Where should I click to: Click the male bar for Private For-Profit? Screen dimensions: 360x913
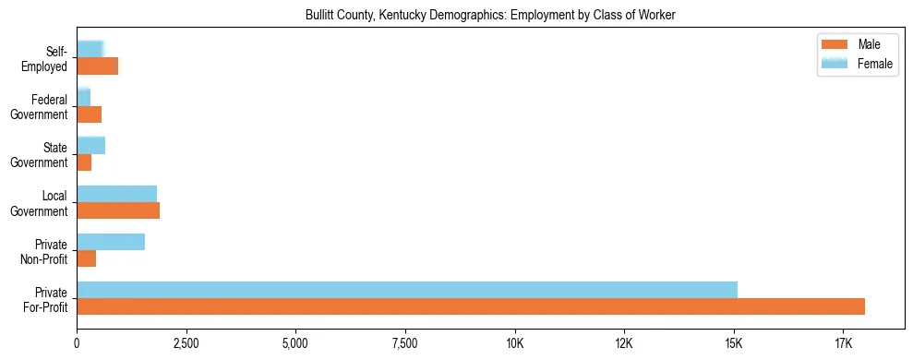471,306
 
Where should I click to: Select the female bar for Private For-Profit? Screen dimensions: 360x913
407,290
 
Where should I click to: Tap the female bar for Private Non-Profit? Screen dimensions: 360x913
111,242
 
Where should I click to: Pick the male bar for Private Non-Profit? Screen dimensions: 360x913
87,258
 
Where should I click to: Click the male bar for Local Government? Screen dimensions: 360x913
118,210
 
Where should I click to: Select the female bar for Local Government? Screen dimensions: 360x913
117,194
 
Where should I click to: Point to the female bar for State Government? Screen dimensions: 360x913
91,146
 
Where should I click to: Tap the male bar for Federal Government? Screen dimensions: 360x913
90,114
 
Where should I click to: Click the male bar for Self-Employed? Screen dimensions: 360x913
98,66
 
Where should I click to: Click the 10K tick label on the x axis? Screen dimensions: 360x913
514,343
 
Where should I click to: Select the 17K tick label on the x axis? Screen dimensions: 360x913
843,343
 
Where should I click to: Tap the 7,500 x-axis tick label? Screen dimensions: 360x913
405,343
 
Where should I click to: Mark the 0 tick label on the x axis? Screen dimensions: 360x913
78,343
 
